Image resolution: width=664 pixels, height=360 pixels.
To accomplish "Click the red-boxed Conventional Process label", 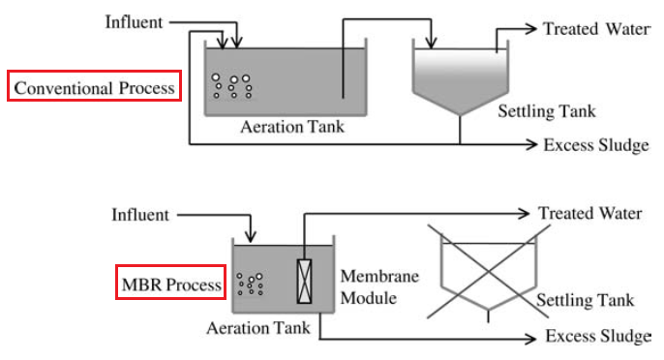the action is (94, 86).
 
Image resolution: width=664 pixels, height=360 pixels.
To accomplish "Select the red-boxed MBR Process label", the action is (171, 283).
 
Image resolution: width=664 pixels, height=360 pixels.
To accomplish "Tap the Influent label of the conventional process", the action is (134, 22).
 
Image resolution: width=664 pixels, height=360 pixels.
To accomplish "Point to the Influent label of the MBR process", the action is (140, 215).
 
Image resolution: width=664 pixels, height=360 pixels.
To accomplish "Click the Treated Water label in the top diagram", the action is (596, 29).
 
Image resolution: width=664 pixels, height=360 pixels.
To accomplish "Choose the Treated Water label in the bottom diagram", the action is (590, 213).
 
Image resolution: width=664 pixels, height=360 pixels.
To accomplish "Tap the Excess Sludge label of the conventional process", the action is (596, 145).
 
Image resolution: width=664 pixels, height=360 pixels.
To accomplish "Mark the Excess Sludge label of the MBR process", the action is (598, 336).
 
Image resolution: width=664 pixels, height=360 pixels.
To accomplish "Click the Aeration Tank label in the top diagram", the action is (292, 127).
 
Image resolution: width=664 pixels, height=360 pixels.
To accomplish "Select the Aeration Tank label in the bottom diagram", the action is (258, 328).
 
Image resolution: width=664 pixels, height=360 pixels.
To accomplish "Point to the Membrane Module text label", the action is (379, 287).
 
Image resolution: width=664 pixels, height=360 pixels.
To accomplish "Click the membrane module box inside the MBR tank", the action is (304, 282).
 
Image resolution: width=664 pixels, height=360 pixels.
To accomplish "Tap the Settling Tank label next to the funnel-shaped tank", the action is (547, 111).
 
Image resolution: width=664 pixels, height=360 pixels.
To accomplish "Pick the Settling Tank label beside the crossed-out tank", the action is (586, 300).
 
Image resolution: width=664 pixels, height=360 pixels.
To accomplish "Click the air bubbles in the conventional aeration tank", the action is (231, 86).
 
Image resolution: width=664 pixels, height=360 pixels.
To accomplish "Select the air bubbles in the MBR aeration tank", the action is (251, 284).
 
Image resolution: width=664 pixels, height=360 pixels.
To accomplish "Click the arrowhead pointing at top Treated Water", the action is (530, 29).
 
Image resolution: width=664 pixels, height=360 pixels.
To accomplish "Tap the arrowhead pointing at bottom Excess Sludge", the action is (530, 339).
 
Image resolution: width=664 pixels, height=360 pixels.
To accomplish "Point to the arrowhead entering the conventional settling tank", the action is (431, 43).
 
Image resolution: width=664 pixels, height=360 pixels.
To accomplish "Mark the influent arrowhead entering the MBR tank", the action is (251, 236).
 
